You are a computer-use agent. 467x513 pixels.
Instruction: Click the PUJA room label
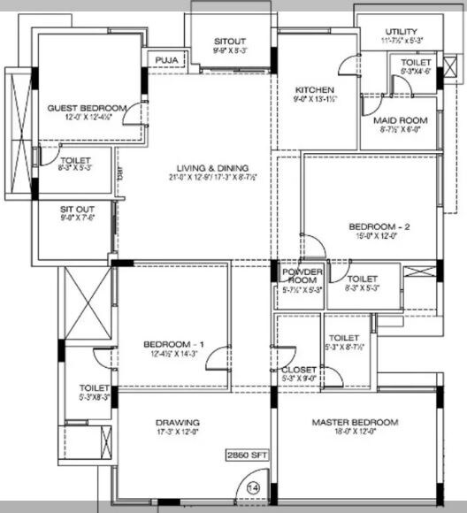pyautogui.click(x=165, y=60)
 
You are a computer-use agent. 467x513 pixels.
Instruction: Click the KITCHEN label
pyautogui.click(x=314, y=90)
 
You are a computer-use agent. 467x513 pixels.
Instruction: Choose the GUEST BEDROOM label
pyautogui.click(x=87, y=108)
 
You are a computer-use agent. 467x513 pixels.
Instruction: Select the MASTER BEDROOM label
pyautogui.click(x=354, y=423)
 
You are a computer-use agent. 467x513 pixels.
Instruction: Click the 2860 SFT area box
pyautogui.click(x=247, y=456)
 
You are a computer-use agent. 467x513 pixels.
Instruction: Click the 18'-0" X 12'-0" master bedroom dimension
pyautogui.click(x=354, y=433)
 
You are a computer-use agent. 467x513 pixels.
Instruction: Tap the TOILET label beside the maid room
pyautogui.click(x=416, y=63)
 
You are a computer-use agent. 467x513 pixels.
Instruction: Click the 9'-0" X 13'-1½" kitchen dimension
pyautogui.click(x=314, y=100)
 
